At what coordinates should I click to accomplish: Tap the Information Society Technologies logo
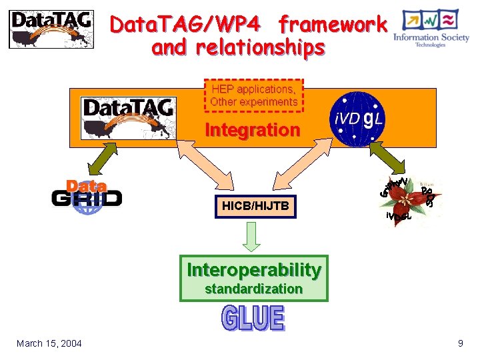pos(431,29)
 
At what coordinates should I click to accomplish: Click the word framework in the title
pos(333,25)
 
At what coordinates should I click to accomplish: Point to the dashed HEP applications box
pos(253,95)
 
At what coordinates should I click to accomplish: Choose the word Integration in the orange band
pos(252,130)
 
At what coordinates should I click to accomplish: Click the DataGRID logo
pos(87,196)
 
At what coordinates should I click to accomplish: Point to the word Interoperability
pos(254,270)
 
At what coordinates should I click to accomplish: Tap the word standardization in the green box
pos(253,289)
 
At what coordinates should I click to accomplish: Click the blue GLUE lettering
pos(253,319)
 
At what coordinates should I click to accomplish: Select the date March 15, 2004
pos(49,343)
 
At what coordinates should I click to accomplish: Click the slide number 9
pos(460,343)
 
